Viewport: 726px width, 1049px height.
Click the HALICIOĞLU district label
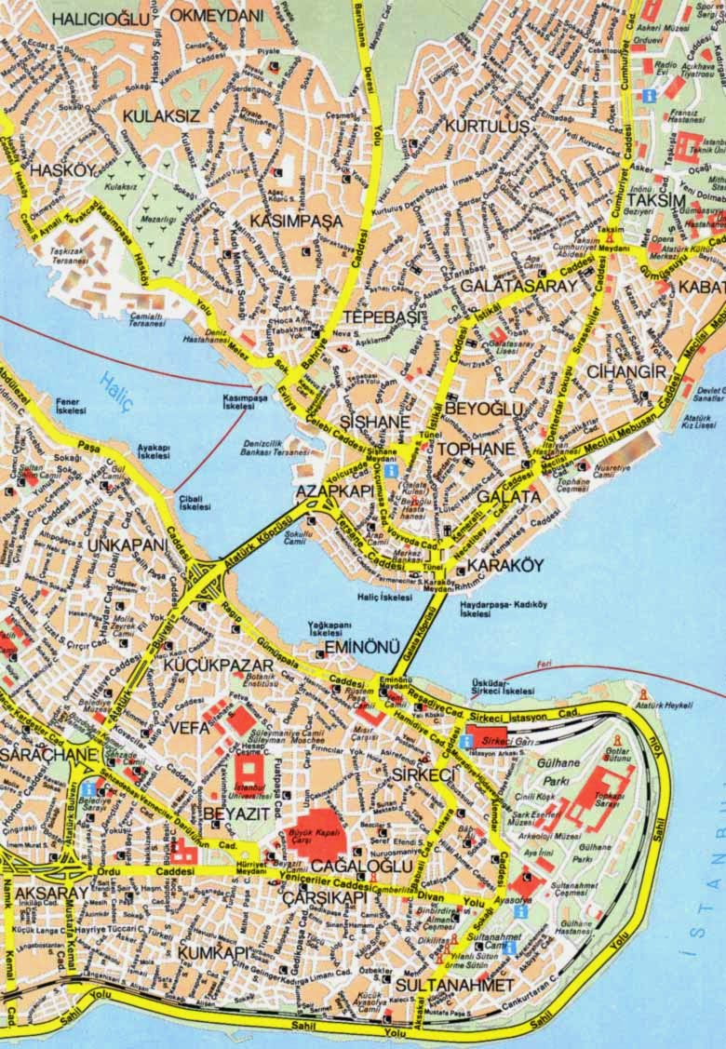tap(101, 18)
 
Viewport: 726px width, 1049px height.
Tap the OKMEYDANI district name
tap(217, 17)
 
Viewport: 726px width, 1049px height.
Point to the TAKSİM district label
tap(655, 201)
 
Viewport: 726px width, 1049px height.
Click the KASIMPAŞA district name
tap(296, 222)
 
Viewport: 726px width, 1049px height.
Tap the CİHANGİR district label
tap(626, 372)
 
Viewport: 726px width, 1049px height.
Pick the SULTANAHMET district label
tap(453, 984)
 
